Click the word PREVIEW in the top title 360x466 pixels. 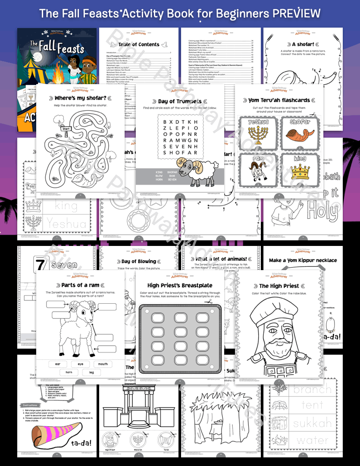pos(296,13)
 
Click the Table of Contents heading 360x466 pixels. pos(139,44)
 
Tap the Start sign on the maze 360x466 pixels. pos(66,128)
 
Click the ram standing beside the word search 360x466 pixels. pos(197,171)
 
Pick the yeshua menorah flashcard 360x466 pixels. pos(258,131)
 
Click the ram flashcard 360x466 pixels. pos(258,169)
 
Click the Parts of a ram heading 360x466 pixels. pos(80,285)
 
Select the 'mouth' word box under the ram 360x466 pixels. pos(103,364)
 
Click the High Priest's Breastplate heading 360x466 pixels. pos(180,285)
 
